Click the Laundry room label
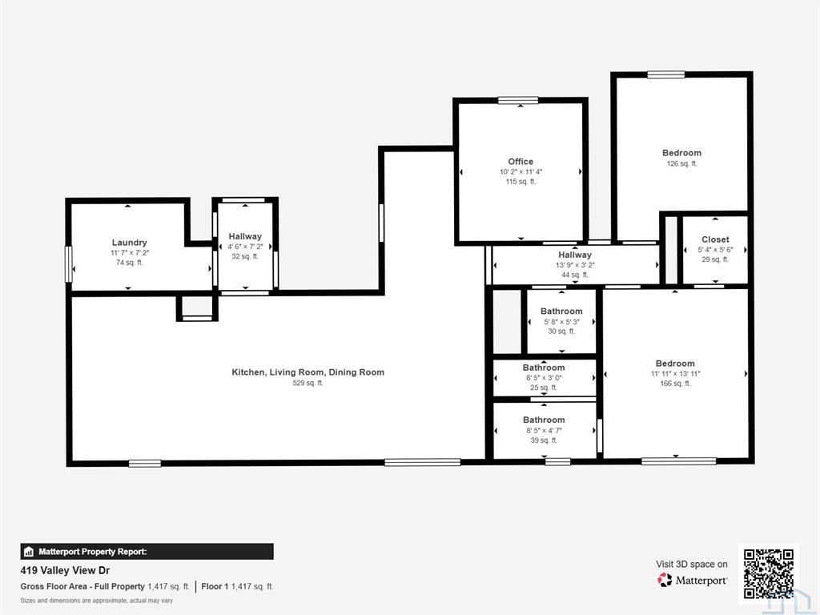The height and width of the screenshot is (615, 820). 129,243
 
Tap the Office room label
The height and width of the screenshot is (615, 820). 521,162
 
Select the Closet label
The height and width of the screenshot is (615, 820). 715,239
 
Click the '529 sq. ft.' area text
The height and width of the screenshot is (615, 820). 308,383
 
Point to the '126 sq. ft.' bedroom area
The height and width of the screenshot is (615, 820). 682,163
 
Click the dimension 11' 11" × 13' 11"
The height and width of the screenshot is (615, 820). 675,374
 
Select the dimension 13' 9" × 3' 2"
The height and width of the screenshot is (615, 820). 575,265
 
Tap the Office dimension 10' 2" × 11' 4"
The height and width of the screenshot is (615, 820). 521,172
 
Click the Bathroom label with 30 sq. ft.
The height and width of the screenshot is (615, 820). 561,312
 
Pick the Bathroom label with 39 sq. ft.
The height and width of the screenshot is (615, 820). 544,420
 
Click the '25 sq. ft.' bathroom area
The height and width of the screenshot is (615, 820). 544,388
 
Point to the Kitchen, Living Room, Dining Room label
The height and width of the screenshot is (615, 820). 308,372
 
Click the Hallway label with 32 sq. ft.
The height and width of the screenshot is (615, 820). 245,236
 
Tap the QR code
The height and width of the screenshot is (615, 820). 769,573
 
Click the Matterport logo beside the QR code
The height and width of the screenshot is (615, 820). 665,580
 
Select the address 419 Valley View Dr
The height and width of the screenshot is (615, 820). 65,570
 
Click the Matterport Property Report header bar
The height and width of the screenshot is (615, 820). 147,552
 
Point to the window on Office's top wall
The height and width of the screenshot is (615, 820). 518,100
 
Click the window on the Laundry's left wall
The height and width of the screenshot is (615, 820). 68,264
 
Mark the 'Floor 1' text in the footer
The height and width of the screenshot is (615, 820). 215,587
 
